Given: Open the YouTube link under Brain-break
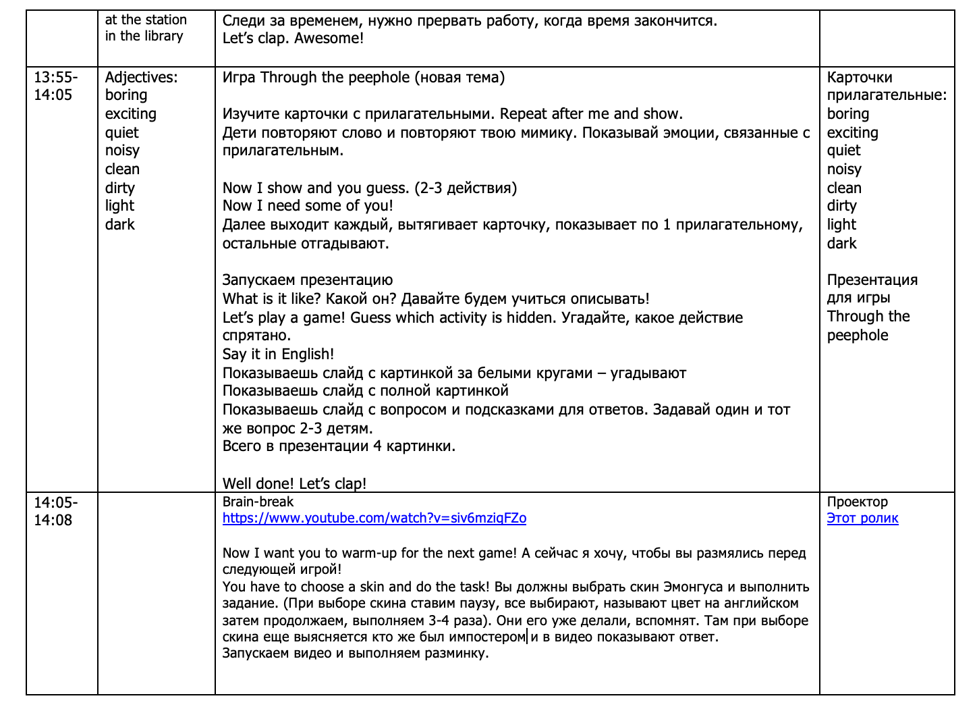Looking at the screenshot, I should tap(374, 519).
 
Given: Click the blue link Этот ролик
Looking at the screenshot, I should tap(862, 519).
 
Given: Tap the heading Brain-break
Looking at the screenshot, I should tap(258, 502).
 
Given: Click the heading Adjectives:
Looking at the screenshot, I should tap(141, 78).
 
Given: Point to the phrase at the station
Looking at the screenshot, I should tap(146, 20).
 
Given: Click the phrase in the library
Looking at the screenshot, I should tap(144, 36).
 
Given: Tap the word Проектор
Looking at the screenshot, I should tap(857, 502).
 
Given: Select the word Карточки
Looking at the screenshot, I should tap(860, 78).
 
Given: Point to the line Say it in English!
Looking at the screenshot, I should tap(278, 354).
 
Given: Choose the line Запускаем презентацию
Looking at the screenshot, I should tap(307, 280).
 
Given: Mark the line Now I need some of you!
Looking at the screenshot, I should tap(307, 206).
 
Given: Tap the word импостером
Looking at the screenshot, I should tap(486, 637).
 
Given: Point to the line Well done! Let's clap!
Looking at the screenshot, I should tap(294, 483).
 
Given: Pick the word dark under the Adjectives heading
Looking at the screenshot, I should tap(119, 225).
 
